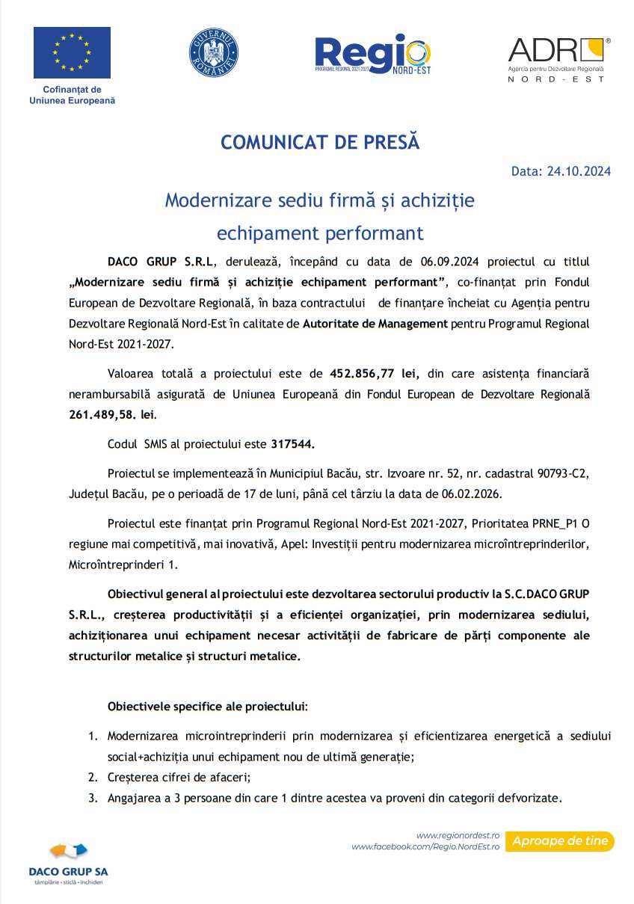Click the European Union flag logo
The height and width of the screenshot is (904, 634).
click(72, 52)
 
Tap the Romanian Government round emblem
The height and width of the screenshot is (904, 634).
click(213, 52)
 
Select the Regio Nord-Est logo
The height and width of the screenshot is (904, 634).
click(372, 54)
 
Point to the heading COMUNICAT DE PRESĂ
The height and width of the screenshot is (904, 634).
click(320, 142)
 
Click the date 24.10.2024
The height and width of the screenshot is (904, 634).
click(579, 171)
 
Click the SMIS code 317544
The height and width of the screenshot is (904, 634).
click(292, 443)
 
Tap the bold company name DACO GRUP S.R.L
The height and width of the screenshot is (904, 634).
click(161, 262)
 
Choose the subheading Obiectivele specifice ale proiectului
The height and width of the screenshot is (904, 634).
click(207, 706)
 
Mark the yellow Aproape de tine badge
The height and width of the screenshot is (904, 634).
click(560, 841)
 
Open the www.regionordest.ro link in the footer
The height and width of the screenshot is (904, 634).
click(458, 835)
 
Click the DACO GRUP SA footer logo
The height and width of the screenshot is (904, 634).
click(68, 861)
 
